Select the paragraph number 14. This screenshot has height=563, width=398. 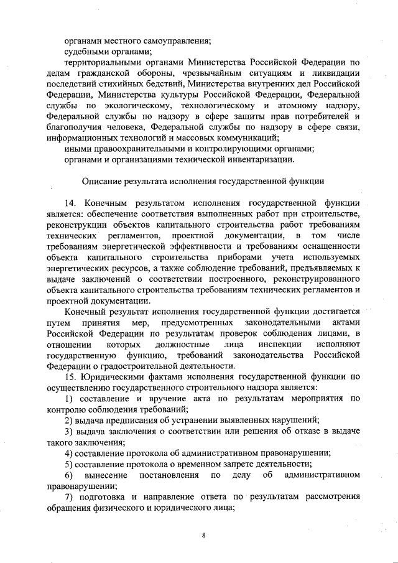click(70, 203)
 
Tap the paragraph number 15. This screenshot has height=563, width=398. click(70, 376)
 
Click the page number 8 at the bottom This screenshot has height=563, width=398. click(203, 535)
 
